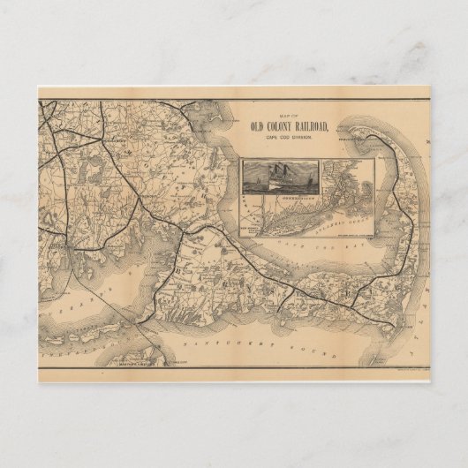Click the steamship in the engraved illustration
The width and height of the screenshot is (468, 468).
tap(270, 177)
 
